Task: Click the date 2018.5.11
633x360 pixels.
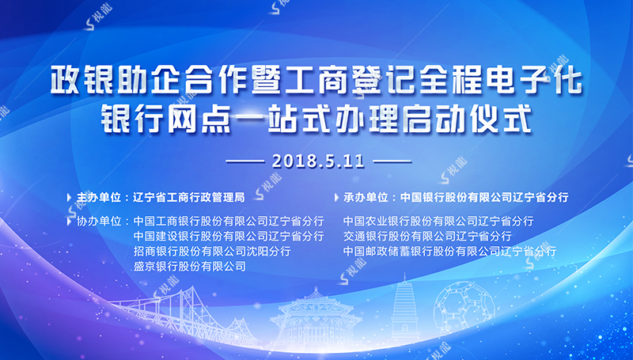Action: pyautogui.click(x=318, y=161)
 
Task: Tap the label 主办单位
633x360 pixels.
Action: pyautogui.click(x=100, y=197)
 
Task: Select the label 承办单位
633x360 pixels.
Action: pyautogui.click(x=366, y=197)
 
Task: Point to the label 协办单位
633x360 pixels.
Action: pyautogui.click(x=100, y=222)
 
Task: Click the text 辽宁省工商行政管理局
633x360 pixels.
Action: pyautogui.click(x=189, y=197)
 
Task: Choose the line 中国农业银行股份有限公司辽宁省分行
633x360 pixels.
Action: pyautogui.click(x=438, y=222)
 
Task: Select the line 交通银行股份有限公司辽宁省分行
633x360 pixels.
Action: pyautogui.click(x=427, y=236)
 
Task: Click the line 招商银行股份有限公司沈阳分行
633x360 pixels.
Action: pyautogui.click(x=212, y=251)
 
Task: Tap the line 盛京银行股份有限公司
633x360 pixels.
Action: pyautogui.click(x=190, y=266)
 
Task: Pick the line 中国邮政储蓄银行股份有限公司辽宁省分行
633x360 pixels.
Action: pyautogui.click(x=449, y=251)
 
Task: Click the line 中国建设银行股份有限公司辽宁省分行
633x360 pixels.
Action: pyautogui.click(x=229, y=236)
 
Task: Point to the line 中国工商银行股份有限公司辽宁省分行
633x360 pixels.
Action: pyautogui.click(x=229, y=222)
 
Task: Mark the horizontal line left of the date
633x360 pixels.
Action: pyautogui.click(x=245, y=162)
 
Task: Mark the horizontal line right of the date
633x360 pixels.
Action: pyautogui.click(x=392, y=162)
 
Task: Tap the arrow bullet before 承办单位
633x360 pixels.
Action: pyautogui.click(x=337, y=198)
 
